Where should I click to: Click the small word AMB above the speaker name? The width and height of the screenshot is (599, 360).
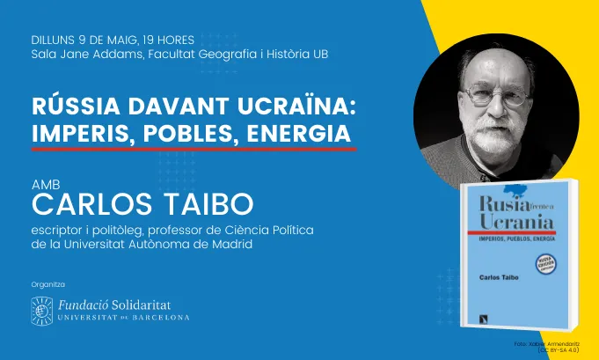pyautogui.click(x=43, y=186)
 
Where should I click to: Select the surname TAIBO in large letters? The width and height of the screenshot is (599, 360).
pyautogui.click(x=210, y=206)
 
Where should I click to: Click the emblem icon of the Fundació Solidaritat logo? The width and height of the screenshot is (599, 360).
pyautogui.click(x=42, y=309)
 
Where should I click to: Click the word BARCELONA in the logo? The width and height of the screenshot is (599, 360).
pyautogui.click(x=161, y=317)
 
